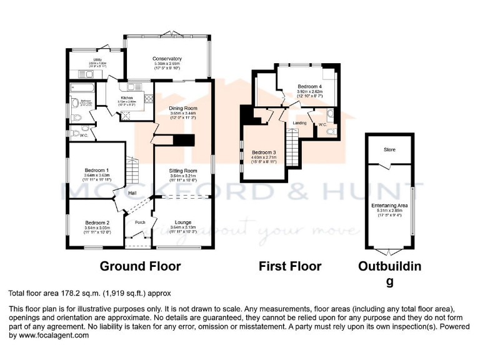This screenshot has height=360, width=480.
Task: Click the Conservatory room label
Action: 167,59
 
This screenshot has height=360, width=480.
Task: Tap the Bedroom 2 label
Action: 97,222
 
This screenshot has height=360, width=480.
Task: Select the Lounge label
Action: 183,222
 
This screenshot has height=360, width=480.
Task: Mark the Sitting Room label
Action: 183,171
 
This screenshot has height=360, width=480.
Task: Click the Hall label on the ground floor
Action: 132,192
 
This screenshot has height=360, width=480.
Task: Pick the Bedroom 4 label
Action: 309,86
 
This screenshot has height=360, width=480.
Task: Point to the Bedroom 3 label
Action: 263,152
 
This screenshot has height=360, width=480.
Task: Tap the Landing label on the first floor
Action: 300,123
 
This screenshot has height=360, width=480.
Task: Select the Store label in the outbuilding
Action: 389,149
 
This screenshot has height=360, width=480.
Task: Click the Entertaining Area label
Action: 389,205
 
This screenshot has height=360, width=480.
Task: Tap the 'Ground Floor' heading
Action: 140,266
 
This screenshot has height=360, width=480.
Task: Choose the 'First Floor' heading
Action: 290,266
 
